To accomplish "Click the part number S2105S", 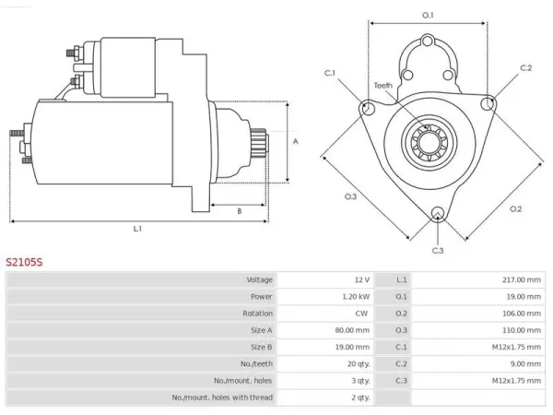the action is click(24, 262).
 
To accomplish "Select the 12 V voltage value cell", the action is click(362, 279).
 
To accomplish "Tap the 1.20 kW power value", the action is click(356, 296).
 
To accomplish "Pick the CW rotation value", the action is click(361, 314).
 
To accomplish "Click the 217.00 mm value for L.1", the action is click(522, 279).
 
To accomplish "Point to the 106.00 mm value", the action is click(522, 314).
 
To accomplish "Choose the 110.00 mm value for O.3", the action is click(522, 330).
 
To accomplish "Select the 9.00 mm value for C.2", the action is click(525, 364).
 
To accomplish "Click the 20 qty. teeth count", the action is click(359, 364).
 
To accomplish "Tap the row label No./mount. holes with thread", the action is click(222, 397).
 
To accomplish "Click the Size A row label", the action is click(262, 330).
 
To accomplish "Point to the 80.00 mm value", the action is click(352, 330).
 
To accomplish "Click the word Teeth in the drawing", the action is click(383, 86).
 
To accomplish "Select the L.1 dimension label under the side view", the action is click(137, 229).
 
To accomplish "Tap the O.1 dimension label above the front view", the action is click(428, 15).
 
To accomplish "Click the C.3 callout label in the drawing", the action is click(438, 251).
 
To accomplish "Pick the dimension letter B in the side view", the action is click(240, 211).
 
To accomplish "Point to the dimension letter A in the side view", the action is click(296, 141).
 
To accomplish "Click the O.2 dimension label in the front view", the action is click(515, 209).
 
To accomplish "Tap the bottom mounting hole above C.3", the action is click(437, 213).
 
